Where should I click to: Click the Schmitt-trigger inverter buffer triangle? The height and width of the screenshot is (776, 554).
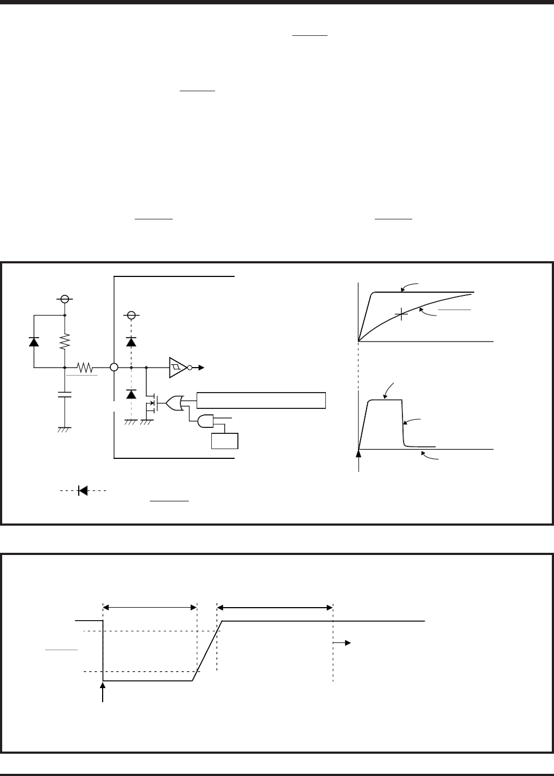pyautogui.click(x=177, y=367)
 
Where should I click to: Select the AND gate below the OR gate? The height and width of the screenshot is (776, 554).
pyautogui.click(x=206, y=420)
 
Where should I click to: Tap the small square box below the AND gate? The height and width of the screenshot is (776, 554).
pyautogui.click(x=225, y=440)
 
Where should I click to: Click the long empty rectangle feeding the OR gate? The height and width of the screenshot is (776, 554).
pyautogui.click(x=261, y=399)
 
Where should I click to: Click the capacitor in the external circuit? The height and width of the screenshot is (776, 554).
pyautogui.click(x=65, y=394)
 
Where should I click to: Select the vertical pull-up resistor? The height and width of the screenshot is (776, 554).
pyautogui.click(x=65, y=341)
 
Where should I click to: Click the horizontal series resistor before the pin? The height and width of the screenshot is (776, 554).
pyautogui.click(x=85, y=367)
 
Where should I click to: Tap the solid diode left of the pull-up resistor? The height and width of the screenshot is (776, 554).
pyautogui.click(x=34, y=341)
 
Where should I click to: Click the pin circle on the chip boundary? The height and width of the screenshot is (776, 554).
pyautogui.click(x=114, y=367)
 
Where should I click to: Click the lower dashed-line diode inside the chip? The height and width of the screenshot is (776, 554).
pyautogui.click(x=131, y=394)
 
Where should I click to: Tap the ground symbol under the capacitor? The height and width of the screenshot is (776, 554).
pyautogui.click(x=65, y=429)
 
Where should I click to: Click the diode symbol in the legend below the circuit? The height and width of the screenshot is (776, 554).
pyautogui.click(x=83, y=490)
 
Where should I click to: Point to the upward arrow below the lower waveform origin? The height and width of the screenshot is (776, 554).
pyautogui.click(x=358, y=459)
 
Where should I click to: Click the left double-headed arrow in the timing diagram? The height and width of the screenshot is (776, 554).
pyautogui.click(x=149, y=607)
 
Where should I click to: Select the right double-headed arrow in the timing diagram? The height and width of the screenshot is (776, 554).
pyautogui.click(x=274, y=607)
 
